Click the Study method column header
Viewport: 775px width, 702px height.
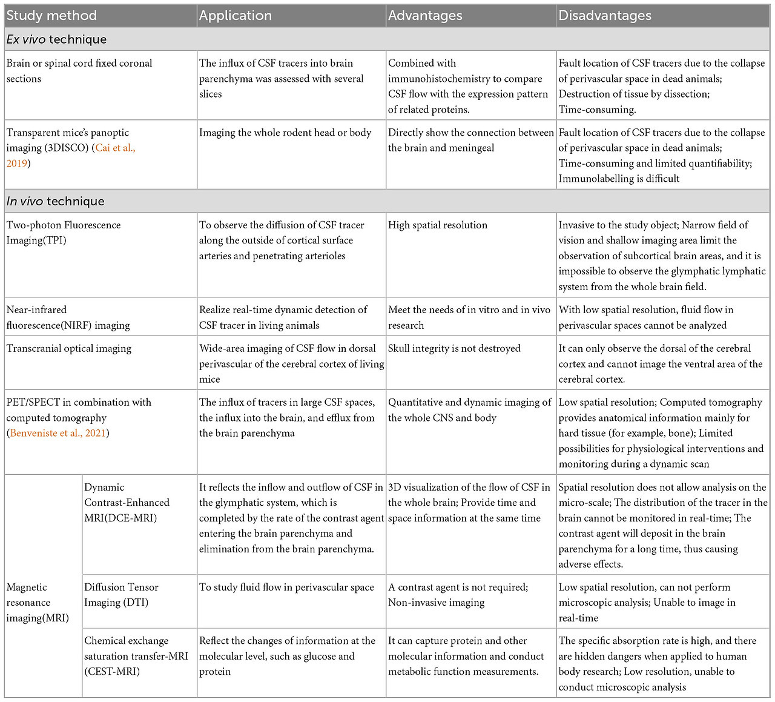coord(51,16)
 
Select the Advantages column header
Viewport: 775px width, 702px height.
coord(425,16)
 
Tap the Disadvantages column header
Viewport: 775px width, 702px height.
coord(605,16)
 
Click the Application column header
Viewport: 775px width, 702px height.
coord(236,16)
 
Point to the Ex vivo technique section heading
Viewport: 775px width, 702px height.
coord(56,39)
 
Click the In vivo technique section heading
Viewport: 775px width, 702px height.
coord(55,201)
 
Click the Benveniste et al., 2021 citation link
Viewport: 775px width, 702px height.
coord(58,433)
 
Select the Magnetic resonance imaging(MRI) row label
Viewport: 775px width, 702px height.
coord(38,602)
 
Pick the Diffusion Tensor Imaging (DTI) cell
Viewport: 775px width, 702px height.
coord(121,594)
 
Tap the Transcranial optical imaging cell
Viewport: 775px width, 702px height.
coord(69,348)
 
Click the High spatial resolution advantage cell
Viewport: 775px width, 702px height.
coord(437,225)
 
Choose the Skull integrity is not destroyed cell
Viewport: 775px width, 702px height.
coord(454,348)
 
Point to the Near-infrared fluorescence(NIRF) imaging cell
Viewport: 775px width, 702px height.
coord(68,317)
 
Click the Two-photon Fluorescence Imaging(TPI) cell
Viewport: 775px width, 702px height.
coord(64,233)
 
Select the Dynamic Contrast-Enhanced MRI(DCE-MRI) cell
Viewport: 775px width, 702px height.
coord(127,502)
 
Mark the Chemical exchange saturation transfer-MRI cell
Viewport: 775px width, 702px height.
coord(136,656)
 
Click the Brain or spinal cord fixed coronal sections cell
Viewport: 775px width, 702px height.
coord(79,71)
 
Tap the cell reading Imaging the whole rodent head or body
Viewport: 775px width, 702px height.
coord(285,132)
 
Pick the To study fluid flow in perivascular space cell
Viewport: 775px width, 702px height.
coord(286,587)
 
